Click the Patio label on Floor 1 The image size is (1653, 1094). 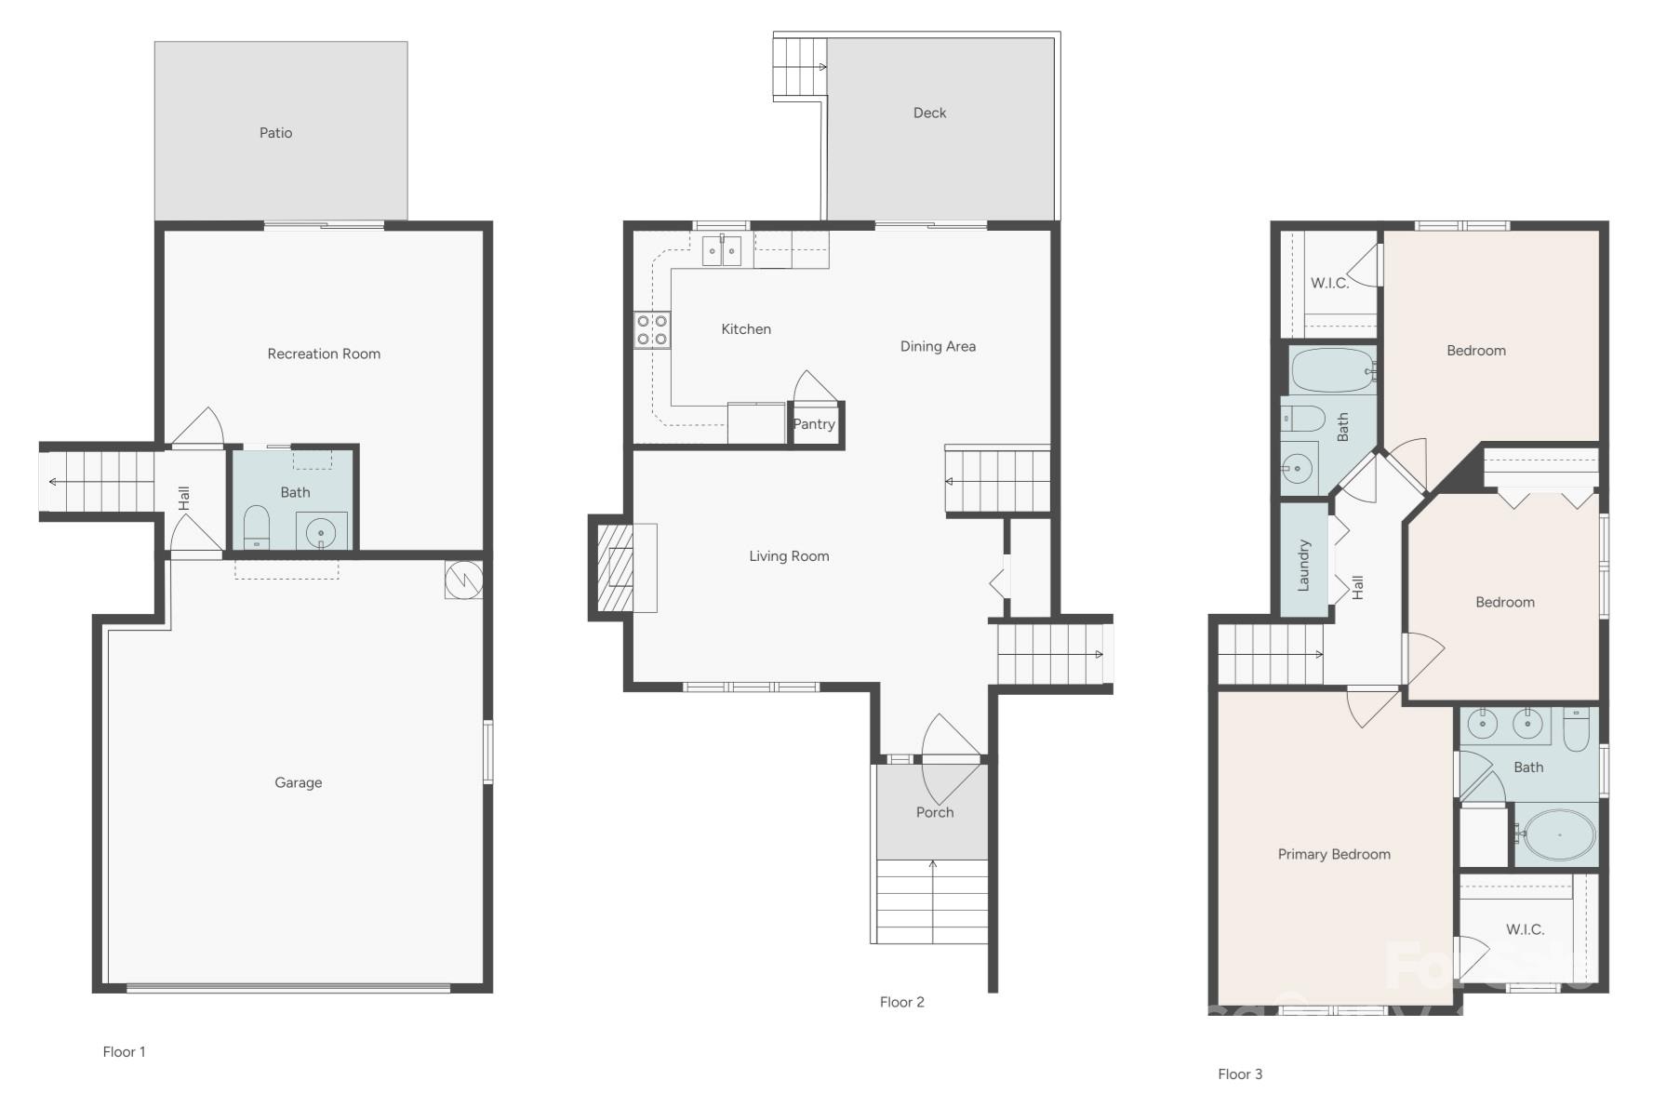pos(275,133)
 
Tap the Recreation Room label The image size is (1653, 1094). pos(324,354)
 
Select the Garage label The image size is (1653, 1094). pos(298,782)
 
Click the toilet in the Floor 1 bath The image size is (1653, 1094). pos(256,528)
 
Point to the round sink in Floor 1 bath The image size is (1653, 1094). pos(321,533)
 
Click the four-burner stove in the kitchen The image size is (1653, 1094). pos(652,330)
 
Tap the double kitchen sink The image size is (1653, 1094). pos(722,251)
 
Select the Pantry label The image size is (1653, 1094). pos(814,424)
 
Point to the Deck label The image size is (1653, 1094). pos(929,113)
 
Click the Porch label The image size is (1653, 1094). pos(935,812)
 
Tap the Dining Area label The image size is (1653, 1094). pos(938,346)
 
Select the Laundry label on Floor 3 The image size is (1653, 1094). pos(1303,565)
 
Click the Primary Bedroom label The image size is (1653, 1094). pos(1334,854)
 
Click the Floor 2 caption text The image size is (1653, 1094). pos(901,1002)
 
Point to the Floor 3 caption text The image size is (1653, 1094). pos(1240,1074)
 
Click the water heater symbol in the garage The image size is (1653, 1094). pos(463,580)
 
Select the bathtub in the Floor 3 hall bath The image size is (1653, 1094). pos(1332,370)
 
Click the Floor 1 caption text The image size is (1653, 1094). pos(124,1051)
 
